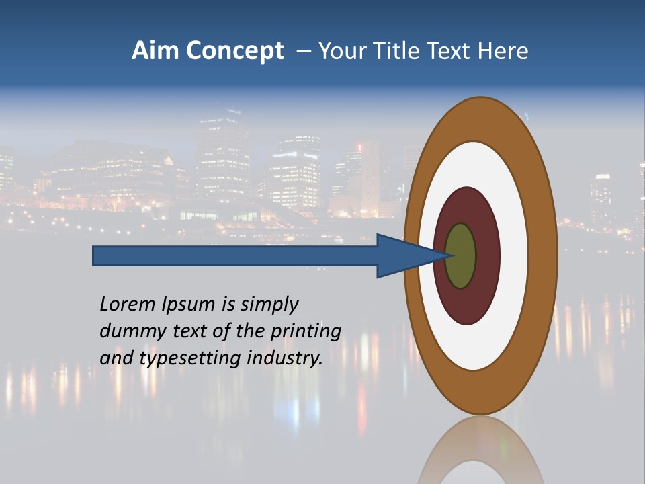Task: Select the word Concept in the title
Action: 234,51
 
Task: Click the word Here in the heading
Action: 503,51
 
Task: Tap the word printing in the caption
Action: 306,331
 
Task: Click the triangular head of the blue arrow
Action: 403,256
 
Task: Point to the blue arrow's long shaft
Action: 235,256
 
